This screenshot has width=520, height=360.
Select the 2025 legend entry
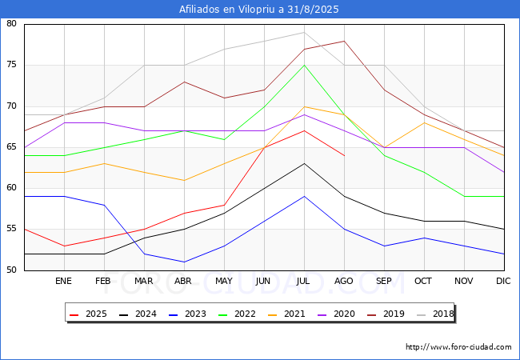point(88,314)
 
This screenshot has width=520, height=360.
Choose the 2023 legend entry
point(187,314)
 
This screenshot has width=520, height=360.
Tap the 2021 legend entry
point(286,314)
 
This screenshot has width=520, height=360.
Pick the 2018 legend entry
point(435,314)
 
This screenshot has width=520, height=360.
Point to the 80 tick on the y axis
point(11,23)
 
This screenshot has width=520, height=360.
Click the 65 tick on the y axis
point(11,147)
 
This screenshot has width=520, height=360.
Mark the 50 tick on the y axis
point(11,270)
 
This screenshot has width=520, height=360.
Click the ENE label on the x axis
point(63,281)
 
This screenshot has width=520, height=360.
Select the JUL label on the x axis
point(303,281)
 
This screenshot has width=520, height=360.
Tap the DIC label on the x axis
point(503,281)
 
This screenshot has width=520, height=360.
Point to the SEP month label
point(384,281)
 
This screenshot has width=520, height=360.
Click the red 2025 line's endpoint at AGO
point(344,155)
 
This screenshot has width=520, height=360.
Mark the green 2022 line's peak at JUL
point(304,66)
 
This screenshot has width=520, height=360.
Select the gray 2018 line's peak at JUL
point(304,33)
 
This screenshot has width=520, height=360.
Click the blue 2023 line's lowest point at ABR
point(184,262)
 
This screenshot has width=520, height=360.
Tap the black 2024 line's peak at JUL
point(304,163)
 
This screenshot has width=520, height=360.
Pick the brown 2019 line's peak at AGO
point(344,41)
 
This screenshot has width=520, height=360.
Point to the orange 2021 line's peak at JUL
point(304,106)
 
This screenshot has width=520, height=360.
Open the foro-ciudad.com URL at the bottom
point(458,347)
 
